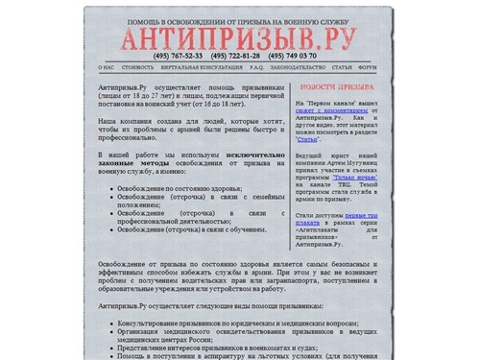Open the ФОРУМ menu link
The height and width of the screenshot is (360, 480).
pyautogui.click(x=368, y=69)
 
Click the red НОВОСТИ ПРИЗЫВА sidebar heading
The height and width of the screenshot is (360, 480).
pyautogui.click(x=337, y=85)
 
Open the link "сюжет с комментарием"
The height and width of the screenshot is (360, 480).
pyautogui.click(x=335, y=111)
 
